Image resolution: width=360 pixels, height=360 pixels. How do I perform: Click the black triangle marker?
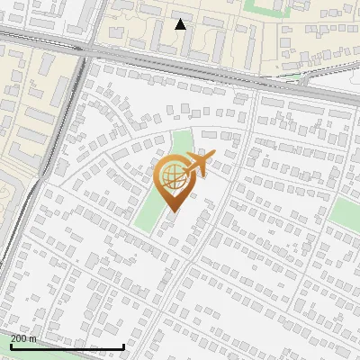181,24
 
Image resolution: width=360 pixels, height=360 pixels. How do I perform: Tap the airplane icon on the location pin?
198,164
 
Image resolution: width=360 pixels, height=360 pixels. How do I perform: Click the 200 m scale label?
23,338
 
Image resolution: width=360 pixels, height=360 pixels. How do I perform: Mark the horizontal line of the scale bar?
67,346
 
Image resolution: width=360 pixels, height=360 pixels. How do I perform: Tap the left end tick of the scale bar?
11,345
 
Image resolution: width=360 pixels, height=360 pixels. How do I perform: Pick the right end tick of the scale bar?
122,345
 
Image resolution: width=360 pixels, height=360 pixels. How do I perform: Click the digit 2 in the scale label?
13,338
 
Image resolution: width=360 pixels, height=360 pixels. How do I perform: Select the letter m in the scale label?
33,339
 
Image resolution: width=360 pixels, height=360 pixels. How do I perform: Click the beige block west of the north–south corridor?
18,108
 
